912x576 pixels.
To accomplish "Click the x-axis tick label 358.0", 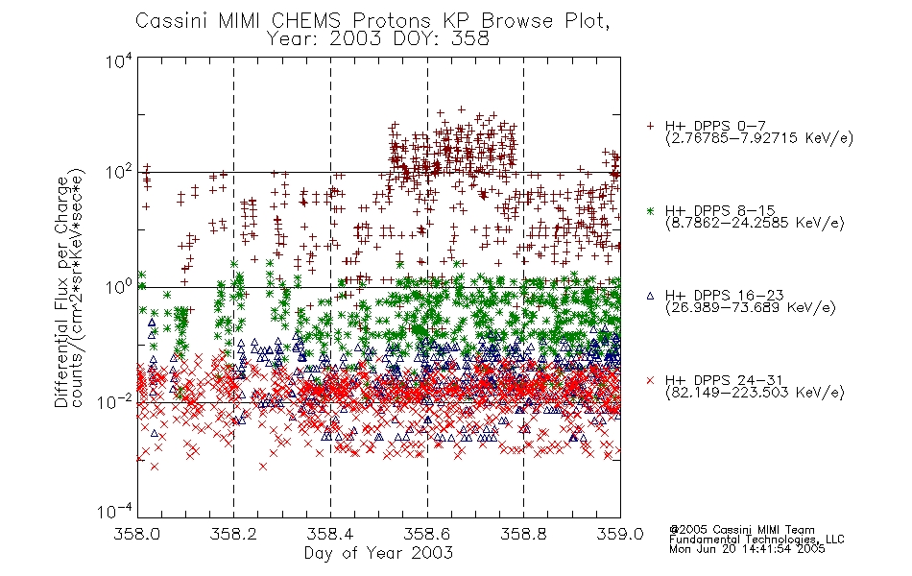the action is point(136,534).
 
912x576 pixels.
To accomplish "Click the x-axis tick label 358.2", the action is point(233,534).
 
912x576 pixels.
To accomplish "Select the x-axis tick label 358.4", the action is point(330,534).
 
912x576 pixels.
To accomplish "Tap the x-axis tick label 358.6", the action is point(427,534).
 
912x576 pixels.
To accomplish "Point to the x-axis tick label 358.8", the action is point(523,534).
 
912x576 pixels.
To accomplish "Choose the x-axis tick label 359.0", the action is point(620,534).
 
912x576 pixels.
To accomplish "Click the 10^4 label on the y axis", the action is point(119,60).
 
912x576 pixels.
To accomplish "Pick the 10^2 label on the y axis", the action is point(119,173).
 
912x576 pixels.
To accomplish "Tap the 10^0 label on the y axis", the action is point(119,287).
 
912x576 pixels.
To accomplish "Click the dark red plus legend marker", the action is point(651,126).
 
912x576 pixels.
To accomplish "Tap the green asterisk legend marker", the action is point(651,210).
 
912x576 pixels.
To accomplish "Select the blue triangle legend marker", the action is point(651,296).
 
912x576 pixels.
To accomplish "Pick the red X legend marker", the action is point(651,380).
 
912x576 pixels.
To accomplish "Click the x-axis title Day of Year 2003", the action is point(378,553).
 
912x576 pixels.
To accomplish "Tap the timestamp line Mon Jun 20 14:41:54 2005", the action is point(747,549).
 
